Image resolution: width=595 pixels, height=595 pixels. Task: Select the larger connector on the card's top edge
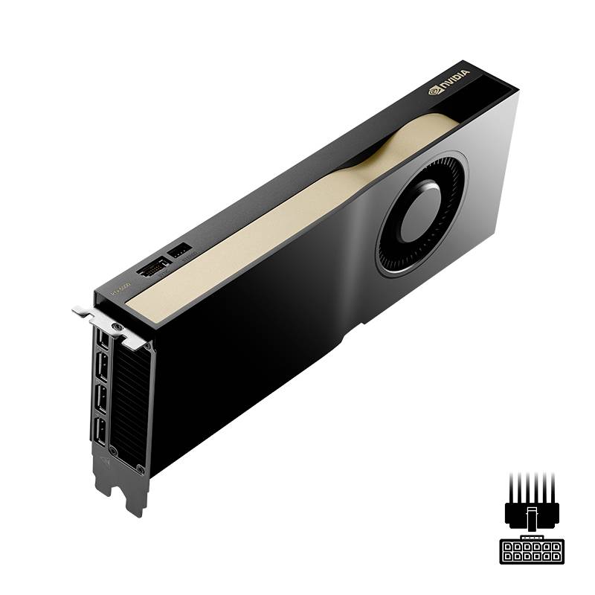154,266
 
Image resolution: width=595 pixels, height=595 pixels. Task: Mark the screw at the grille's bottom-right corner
140,467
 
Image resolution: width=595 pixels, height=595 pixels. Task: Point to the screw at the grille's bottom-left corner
114,451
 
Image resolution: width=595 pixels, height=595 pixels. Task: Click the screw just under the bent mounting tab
116,327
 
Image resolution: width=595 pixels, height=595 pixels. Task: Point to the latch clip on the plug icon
531,518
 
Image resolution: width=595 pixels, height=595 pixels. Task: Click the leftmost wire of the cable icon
512,487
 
